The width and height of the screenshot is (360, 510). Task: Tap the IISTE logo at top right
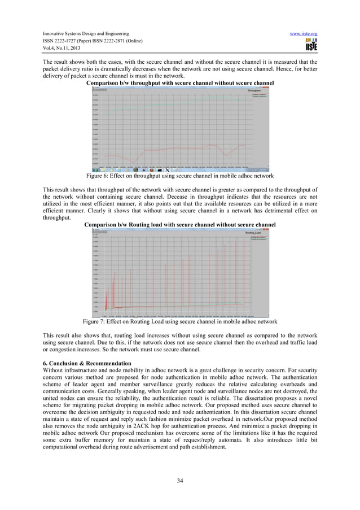(310, 45)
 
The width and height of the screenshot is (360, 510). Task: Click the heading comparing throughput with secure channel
(179, 83)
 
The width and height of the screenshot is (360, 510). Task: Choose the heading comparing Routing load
(179, 225)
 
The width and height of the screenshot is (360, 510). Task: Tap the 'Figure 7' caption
(179, 321)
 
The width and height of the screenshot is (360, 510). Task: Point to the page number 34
(180, 481)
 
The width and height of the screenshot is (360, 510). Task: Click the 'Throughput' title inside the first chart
(254, 90)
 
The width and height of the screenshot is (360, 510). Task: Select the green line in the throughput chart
(169, 103)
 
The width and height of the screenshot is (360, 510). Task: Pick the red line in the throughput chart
(169, 149)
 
